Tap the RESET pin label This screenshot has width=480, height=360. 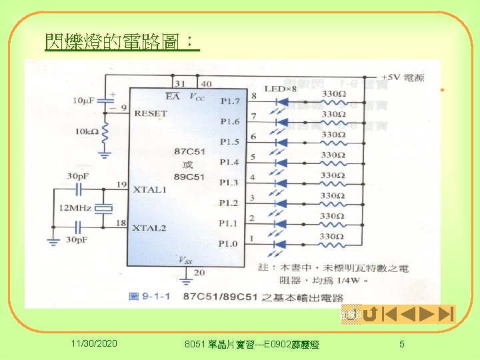pos(151,113)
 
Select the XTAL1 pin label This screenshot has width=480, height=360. pos(149,189)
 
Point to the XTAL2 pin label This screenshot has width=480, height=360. pos(149,228)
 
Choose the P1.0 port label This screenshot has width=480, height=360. pos(229,243)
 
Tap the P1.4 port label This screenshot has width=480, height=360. pos(229,162)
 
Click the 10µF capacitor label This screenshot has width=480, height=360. pos(85,99)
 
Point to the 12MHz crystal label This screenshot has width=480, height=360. pos(75,209)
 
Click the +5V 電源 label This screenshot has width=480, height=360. pos(400,78)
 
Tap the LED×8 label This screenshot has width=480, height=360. pos(280,89)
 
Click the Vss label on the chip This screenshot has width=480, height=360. pos(184,259)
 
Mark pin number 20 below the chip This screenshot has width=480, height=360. pos(199,272)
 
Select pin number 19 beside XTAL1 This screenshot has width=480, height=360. pos(120,183)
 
